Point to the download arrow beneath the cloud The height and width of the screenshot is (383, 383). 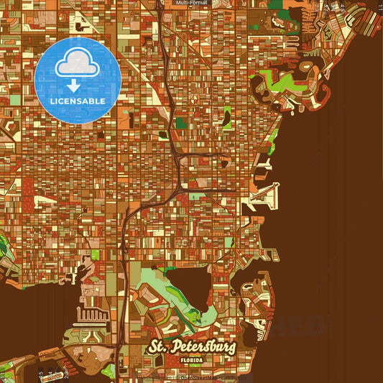73,85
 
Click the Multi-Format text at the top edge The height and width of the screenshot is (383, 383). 191,3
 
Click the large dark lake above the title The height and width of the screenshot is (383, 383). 188,284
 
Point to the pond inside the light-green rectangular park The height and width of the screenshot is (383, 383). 228,114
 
